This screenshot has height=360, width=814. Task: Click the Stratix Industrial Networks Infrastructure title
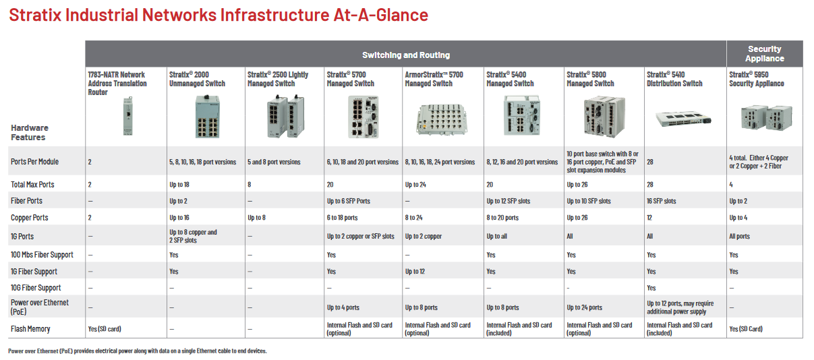(218, 15)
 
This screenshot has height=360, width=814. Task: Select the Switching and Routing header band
(405, 55)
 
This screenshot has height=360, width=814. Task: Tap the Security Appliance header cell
(764, 54)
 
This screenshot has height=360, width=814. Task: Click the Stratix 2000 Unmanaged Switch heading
(197, 79)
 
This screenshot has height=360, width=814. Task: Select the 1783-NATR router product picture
(125, 116)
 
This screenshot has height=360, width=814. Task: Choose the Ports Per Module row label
(34, 162)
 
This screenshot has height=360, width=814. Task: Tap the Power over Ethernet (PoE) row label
(40, 307)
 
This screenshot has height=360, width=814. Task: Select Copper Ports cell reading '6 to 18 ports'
(342, 218)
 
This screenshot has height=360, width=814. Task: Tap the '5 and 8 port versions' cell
(274, 162)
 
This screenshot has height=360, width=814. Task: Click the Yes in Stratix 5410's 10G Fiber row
(651, 288)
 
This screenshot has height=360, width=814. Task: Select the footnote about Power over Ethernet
(138, 351)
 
